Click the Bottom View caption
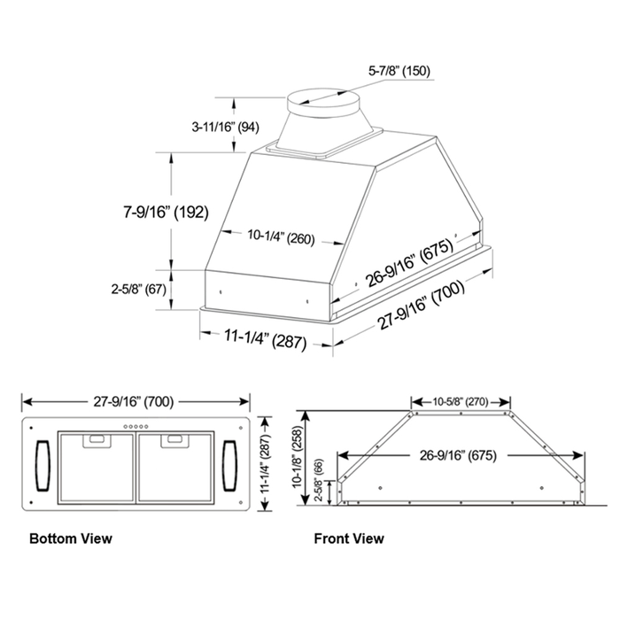(71, 538)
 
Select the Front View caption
(349, 538)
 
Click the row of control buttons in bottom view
(136, 426)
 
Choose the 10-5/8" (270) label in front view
(461, 400)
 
